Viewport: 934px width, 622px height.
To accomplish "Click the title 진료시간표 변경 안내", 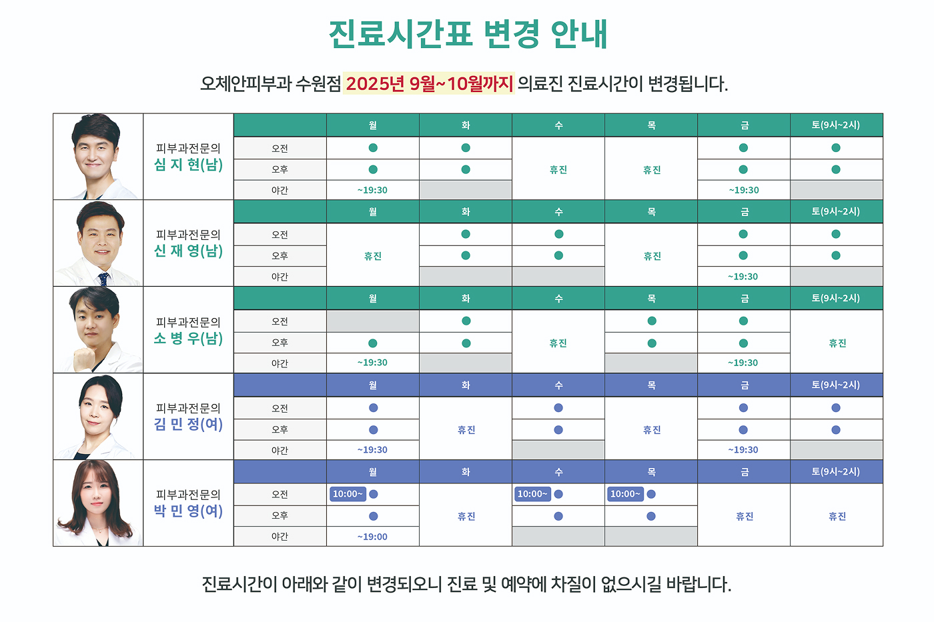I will (467, 33).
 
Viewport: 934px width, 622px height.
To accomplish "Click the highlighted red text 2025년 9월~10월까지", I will (429, 83).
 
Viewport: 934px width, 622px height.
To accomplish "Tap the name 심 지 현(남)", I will (188, 165).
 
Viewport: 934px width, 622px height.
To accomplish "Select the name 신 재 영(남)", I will (188, 251).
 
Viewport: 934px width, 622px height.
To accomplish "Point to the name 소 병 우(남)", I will (188, 339).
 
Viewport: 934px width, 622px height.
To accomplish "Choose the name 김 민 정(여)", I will (188, 425).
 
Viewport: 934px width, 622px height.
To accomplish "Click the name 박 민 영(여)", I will (188, 511).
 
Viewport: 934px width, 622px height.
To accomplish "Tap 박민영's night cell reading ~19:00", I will (372, 537).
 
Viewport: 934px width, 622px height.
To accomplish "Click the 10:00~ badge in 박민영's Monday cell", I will (348, 494).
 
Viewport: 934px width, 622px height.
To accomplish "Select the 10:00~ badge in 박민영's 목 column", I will (625, 494).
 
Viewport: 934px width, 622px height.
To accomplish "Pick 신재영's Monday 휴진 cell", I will (373, 256).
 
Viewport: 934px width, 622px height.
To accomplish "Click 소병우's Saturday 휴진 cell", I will (837, 343).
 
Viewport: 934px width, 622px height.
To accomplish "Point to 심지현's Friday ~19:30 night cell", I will (744, 190).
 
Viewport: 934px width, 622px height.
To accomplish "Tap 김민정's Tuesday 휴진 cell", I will (466, 430).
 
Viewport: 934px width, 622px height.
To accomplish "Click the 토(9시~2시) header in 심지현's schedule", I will (836, 125).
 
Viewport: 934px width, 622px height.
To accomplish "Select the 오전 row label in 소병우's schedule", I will (280, 321).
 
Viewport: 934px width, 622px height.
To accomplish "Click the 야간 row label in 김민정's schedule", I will (280, 450).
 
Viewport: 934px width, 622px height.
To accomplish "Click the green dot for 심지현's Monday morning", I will (373, 148).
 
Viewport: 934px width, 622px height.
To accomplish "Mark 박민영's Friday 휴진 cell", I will (745, 516).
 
